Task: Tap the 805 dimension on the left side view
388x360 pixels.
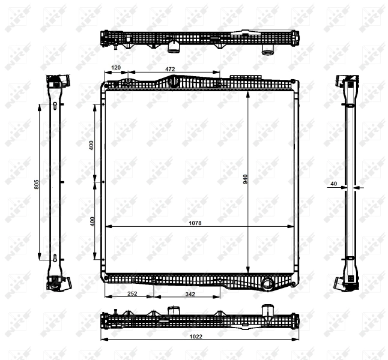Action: pyautogui.click(x=37, y=185)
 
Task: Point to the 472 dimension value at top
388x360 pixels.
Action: pyautogui.click(x=170, y=69)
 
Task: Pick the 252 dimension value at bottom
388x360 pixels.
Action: pyautogui.click(x=132, y=294)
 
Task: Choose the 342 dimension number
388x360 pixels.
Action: pyautogui.click(x=190, y=294)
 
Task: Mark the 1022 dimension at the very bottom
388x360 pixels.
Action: pyautogui.click(x=196, y=336)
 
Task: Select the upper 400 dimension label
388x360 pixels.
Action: pyautogui.click(x=92, y=145)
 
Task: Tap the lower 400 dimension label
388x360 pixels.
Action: pyautogui.click(x=92, y=221)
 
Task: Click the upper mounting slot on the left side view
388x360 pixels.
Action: pyautogui.click(x=55, y=107)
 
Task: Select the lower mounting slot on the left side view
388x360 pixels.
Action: pyautogui.click(x=55, y=259)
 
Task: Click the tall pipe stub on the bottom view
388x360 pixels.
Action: pyautogui.click(x=266, y=312)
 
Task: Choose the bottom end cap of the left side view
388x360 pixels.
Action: pyautogui.click(x=55, y=282)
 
